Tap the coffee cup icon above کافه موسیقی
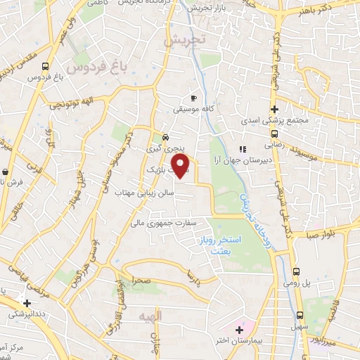193,98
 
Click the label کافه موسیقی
193,110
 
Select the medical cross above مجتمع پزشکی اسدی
274,110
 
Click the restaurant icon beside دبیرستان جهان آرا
243,149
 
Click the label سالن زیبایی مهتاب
150,192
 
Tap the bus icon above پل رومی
297,271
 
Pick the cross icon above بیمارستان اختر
239,330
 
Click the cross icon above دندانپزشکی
27,303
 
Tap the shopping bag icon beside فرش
5,172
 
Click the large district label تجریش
184,40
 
